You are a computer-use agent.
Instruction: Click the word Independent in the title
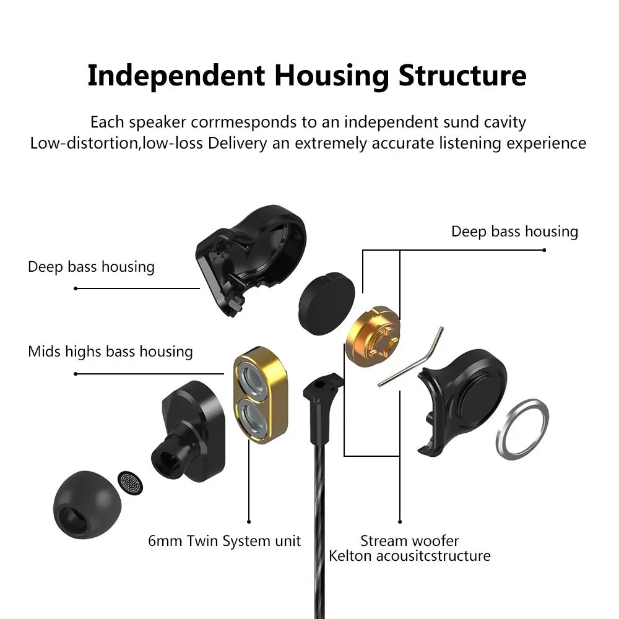[176, 76]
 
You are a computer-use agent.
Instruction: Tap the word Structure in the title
[462, 75]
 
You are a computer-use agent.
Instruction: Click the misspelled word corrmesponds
[243, 123]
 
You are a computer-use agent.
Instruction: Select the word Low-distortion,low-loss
[116, 143]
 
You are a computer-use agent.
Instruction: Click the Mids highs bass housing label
[111, 352]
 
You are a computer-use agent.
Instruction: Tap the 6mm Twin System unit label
[224, 541]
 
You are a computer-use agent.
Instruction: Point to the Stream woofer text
[409, 540]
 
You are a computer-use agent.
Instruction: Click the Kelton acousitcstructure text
[409, 556]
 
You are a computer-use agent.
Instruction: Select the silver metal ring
[522, 430]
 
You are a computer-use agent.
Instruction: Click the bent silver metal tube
[410, 357]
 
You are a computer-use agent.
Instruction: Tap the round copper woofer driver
[373, 336]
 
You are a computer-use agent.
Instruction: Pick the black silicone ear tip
[87, 504]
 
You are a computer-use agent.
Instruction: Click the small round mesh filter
[130, 483]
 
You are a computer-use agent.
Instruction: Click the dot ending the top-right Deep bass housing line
[544, 250]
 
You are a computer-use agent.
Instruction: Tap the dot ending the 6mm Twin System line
[249, 522]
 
